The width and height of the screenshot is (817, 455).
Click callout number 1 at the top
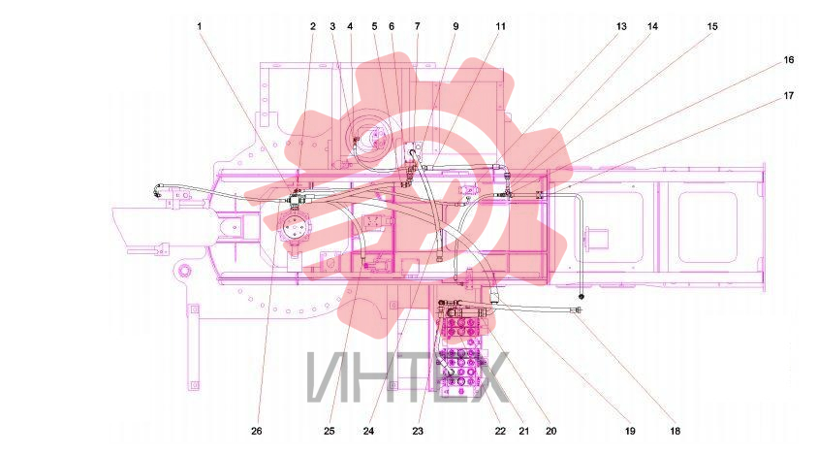[x=199, y=26]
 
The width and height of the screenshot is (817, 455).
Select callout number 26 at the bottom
[x=257, y=431]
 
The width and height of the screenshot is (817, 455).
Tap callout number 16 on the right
[x=788, y=60]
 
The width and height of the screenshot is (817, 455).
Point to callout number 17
[x=788, y=95]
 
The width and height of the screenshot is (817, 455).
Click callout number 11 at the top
[x=500, y=26]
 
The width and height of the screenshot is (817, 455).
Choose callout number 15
[x=712, y=26]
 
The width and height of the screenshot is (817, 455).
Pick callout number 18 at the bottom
[x=675, y=431]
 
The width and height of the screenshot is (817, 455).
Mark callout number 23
[x=418, y=431]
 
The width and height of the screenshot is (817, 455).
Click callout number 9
[x=456, y=26]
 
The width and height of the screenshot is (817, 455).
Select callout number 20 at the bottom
[x=550, y=431]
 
